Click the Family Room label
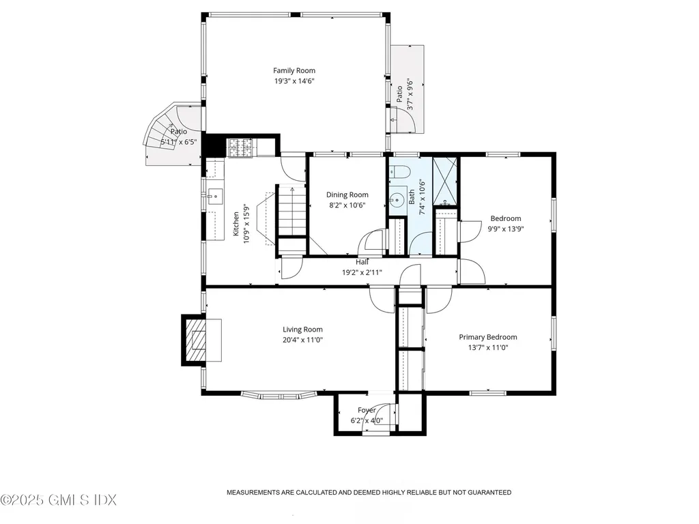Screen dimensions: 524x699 [294, 70]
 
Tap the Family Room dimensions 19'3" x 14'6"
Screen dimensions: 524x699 [294, 81]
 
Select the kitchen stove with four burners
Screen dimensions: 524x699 [240, 146]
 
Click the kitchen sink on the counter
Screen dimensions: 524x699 [216, 196]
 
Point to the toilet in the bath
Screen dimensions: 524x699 [401, 175]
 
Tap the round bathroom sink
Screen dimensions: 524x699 [397, 201]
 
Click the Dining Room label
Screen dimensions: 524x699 [348, 195]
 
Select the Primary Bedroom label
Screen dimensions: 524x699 [487, 337]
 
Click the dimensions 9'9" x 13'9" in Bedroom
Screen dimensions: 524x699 [505, 229]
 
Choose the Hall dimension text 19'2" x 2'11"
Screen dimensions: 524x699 [362, 272]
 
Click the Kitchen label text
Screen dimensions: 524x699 [236, 223]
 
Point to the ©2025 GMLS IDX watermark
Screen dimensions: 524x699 [59, 500]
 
